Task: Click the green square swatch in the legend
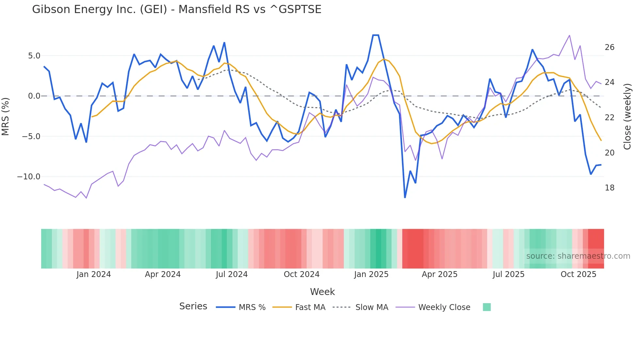487,307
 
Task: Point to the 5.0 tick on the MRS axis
34,56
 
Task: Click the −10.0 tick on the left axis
29,177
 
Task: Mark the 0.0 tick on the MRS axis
34,96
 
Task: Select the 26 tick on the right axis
609,47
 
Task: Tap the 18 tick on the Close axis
609,188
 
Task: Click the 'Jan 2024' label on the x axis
94,274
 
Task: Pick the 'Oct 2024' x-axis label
301,274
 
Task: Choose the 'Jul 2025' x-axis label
508,274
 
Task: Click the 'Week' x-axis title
322,292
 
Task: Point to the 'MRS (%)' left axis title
6,116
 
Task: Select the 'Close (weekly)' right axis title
627,116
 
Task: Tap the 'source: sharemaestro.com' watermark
578,256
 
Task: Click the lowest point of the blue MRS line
405,197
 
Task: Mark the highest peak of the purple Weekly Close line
569,35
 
